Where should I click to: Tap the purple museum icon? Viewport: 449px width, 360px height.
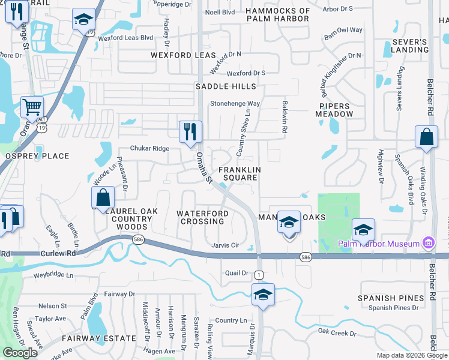pyautogui.click(x=428, y=243)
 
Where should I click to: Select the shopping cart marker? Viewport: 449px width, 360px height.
pyautogui.click(x=32, y=107)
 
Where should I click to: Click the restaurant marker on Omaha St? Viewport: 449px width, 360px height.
pyautogui.click(x=190, y=132)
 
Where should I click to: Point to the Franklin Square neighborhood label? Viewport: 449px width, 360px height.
pyautogui.click(x=240, y=174)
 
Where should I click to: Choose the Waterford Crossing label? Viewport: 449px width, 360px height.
pyautogui.click(x=202, y=217)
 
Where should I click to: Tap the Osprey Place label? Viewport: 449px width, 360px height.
pyautogui.click(x=37, y=156)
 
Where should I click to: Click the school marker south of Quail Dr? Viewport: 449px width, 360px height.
pyautogui.click(x=262, y=295)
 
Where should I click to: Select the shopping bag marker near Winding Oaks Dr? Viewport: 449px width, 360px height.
pyautogui.click(x=426, y=137)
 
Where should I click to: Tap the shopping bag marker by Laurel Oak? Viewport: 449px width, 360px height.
pyautogui.click(x=103, y=197)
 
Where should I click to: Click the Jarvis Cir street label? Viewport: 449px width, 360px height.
pyautogui.click(x=226, y=245)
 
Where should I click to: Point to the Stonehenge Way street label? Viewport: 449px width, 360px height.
pyautogui.click(x=235, y=103)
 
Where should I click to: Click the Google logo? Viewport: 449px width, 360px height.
pyautogui.click(x=20, y=353)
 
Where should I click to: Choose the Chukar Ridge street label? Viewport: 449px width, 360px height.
pyautogui.click(x=150, y=149)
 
